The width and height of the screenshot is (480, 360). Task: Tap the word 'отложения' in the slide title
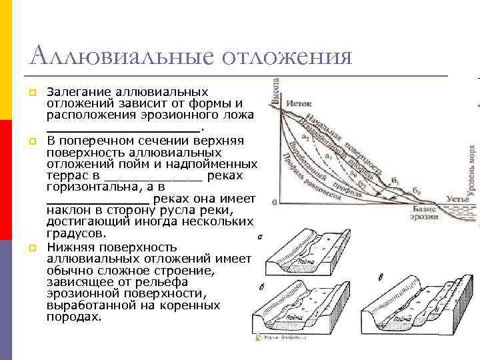pyautogui.click(x=287, y=56)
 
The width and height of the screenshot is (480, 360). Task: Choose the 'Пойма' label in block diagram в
pyautogui.click(x=402, y=319)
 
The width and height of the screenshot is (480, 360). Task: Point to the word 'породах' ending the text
pyautogui.click(x=73, y=317)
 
